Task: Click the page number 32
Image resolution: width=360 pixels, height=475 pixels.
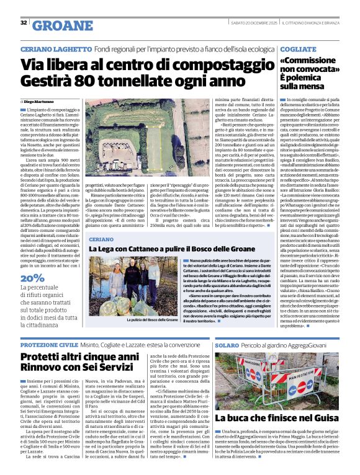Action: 24,23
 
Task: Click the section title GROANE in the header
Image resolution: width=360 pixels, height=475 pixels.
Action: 62,25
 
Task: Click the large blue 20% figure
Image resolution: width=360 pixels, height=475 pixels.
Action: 32,278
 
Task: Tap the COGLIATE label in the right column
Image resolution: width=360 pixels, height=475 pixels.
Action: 293,47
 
